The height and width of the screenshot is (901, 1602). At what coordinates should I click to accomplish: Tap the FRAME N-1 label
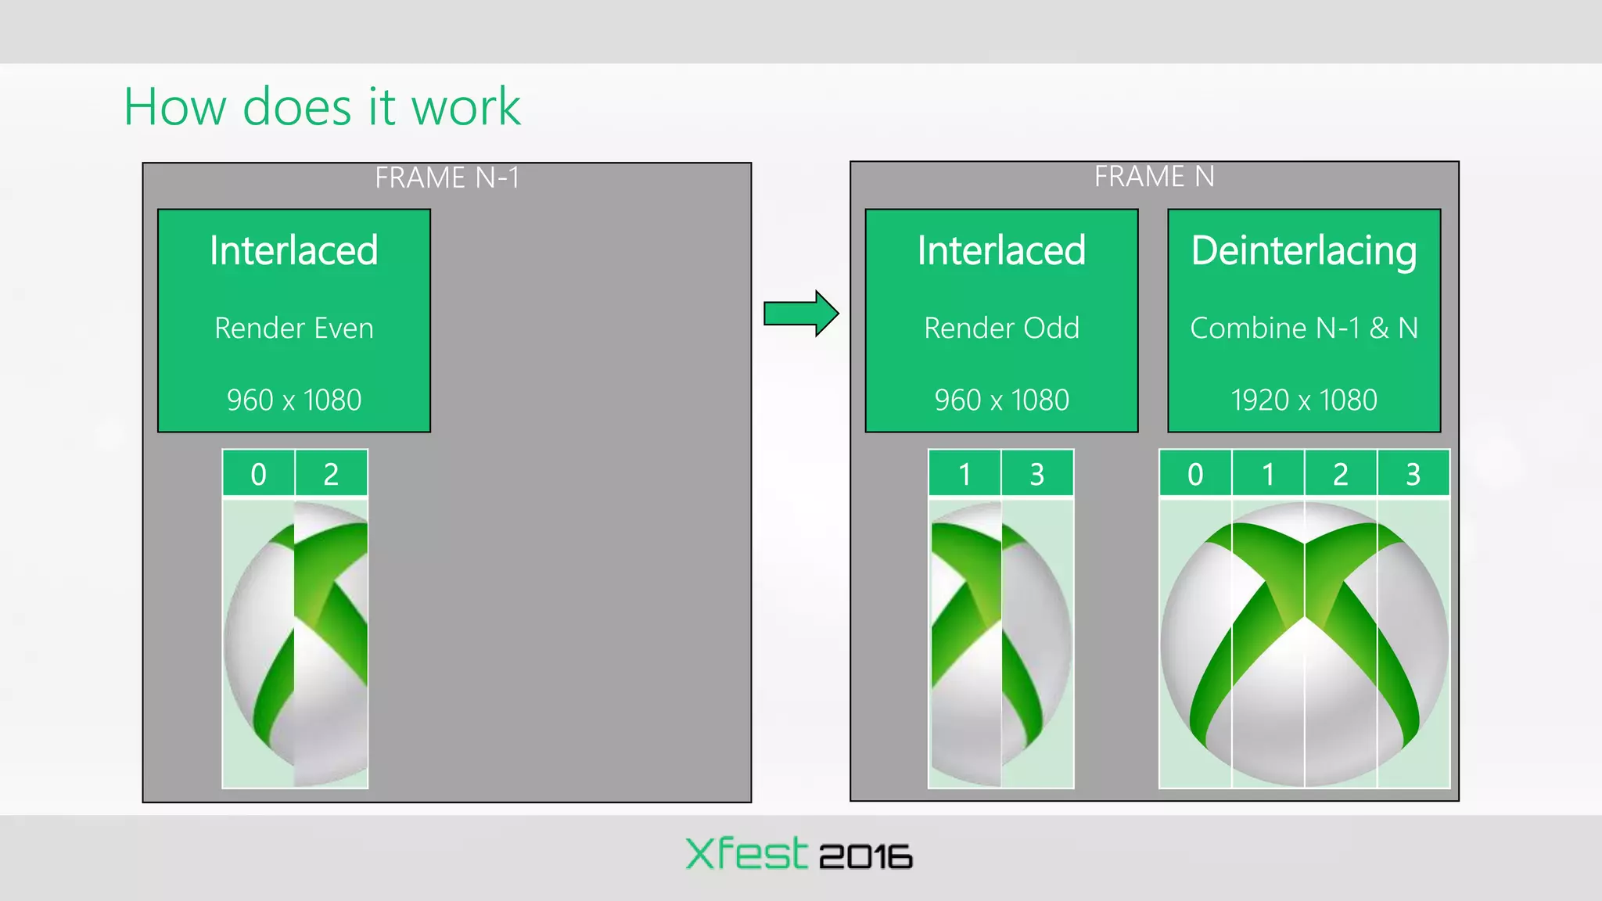[x=447, y=178]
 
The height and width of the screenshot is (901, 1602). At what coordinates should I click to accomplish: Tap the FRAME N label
[x=1154, y=177]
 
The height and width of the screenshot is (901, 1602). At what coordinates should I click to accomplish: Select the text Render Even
[x=294, y=328]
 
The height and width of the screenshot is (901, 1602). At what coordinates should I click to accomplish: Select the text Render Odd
[x=1001, y=328]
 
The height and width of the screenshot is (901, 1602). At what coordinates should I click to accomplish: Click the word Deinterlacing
[x=1304, y=252]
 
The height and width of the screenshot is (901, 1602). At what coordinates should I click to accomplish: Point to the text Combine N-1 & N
[x=1304, y=328]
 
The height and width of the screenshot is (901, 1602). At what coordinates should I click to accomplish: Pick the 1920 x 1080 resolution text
[x=1304, y=400]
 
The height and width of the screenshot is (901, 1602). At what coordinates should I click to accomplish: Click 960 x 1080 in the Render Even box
[x=294, y=400]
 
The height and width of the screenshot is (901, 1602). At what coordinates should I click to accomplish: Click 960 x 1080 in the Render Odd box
[x=1001, y=400]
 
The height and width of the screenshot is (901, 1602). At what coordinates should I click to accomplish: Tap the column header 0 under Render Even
[x=258, y=475]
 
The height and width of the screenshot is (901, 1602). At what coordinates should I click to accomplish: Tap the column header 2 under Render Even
[x=331, y=475]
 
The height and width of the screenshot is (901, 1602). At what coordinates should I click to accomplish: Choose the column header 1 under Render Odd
[x=964, y=475]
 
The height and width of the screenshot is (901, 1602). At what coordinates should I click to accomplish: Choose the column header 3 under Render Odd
[x=1037, y=475]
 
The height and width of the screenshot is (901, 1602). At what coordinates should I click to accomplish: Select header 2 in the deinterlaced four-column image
[x=1341, y=475]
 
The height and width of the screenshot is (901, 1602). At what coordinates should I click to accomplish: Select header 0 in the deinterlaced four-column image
[x=1195, y=475]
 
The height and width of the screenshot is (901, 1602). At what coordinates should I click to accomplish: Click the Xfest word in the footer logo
[x=745, y=854]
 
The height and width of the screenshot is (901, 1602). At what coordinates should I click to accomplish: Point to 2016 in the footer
[x=866, y=857]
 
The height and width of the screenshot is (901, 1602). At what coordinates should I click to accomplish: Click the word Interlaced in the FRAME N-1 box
[x=294, y=252]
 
